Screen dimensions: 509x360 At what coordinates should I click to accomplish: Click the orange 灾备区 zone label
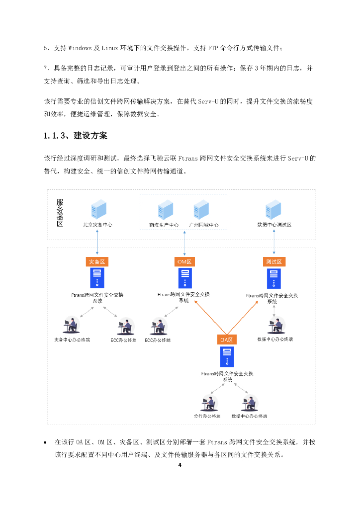click(x=97, y=261)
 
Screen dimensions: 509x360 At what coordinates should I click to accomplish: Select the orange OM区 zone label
click(x=184, y=261)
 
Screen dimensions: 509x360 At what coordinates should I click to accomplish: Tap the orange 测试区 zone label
click(x=274, y=261)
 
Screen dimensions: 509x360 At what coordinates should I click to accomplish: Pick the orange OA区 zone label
click(x=226, y=340)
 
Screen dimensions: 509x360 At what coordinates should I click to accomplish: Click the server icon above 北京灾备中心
click(x=97, y=209)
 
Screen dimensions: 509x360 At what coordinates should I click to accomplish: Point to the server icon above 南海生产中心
click(x=165, y=209)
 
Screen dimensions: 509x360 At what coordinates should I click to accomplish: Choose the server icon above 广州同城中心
click(x=201, y=209)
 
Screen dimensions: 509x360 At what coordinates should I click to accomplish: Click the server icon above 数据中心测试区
click(x=273, y=209)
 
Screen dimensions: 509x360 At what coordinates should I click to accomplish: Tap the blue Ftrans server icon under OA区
click(x=227, y=357)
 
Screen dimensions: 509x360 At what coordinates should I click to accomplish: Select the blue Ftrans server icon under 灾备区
click(x=97, y=278)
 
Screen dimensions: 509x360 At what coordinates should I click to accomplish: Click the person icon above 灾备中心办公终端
click(x=72, y=326)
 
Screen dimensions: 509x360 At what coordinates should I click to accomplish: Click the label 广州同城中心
click(x=203, y=225)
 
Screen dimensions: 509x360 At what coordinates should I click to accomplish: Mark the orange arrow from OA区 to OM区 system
click(x=209, y=316)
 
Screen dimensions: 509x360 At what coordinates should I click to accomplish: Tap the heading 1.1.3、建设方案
click(x=75, y=135)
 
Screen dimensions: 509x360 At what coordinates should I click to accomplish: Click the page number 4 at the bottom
click(x=180, y=466)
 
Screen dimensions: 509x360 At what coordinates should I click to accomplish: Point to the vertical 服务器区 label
click(x=60, y=212)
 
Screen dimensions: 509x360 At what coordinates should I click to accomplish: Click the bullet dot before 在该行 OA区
click(x=46, y=442)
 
